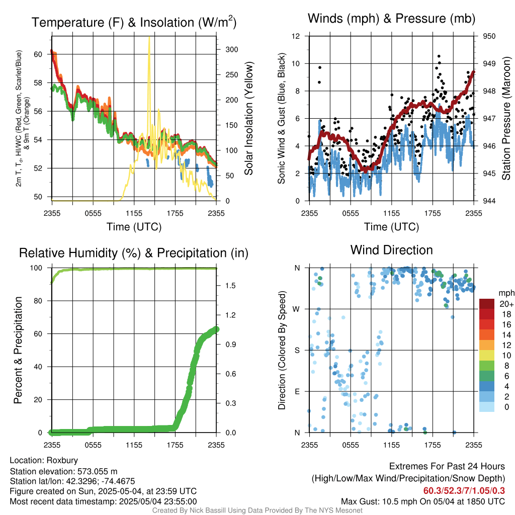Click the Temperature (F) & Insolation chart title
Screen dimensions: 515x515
point(134,22)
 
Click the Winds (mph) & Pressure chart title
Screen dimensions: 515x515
point(391,19)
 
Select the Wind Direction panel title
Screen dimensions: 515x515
point(391,250)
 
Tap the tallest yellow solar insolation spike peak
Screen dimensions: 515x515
point(149,38)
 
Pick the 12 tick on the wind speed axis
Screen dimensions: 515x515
point(296,36)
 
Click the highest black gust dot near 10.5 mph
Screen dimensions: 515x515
point(439,56)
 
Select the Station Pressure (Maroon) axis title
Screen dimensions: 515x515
point(506,118)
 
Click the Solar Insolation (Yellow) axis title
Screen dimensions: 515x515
point(248,118)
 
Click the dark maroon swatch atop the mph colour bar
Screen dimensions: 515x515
point(487,304)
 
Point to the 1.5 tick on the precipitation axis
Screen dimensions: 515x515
point(231,285)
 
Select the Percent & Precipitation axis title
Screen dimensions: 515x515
point(19,350)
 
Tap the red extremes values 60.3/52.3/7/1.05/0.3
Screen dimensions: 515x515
point(464,490)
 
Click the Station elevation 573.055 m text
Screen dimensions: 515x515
point(63,471)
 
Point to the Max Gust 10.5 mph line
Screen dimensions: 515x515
point(422,501)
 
